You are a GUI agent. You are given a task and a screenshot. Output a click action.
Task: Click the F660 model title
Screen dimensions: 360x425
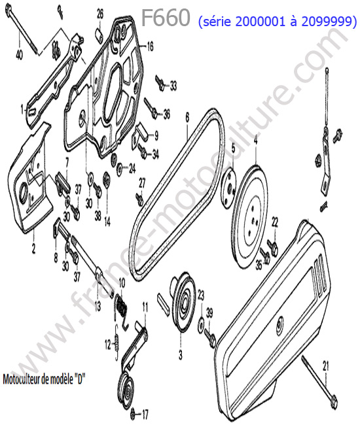166,18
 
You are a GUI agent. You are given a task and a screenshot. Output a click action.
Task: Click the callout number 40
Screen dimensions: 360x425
19,55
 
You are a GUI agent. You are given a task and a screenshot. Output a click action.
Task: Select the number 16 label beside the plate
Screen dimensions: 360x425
150,46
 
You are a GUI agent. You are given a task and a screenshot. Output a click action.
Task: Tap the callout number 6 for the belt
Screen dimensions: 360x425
187,117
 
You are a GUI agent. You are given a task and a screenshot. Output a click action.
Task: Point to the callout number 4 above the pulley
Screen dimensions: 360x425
255,141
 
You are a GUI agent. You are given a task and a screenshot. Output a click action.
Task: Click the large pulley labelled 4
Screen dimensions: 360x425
250,218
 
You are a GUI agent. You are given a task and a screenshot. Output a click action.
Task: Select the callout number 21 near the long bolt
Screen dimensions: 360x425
325,366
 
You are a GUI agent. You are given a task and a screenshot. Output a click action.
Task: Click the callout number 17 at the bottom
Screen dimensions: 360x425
145,414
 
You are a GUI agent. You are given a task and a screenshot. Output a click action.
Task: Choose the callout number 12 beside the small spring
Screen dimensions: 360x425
108,345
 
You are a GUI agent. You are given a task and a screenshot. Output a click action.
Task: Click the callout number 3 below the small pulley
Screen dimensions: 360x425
181,355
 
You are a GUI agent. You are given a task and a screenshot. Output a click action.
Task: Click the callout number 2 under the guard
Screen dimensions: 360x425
33,248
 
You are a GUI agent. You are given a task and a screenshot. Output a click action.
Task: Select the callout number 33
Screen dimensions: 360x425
173,86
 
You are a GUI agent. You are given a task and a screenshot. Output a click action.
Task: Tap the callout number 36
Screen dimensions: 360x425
166,114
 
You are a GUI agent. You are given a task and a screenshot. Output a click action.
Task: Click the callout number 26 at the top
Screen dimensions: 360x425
100,14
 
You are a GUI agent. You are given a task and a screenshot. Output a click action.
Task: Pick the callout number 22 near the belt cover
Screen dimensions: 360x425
275,222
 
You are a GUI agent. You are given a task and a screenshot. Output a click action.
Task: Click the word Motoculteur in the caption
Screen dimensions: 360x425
22,379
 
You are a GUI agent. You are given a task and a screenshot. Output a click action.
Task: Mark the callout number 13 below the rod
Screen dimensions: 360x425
98,306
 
